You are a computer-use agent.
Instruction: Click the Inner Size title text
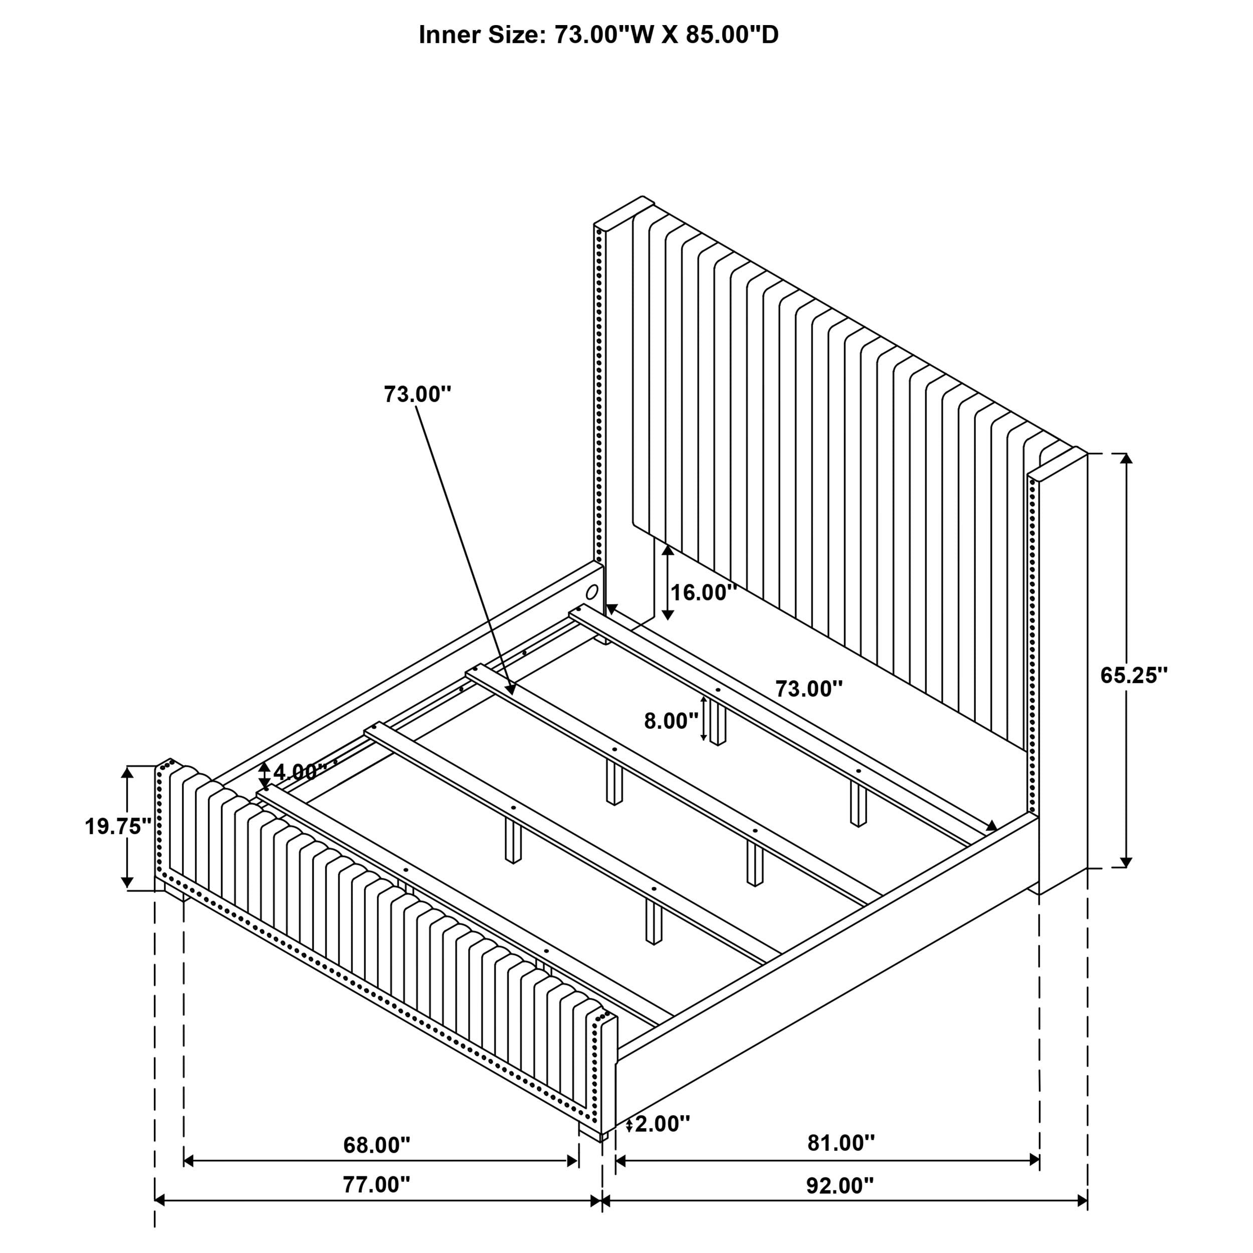pos(598,35)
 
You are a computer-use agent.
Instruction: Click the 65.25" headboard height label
pos(1134,675)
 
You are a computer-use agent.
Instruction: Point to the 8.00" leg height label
pos(671,721)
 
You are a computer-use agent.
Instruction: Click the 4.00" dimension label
pos(300,772)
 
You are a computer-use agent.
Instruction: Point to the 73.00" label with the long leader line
pos(417,393)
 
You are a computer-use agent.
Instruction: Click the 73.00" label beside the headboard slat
pos(809,689)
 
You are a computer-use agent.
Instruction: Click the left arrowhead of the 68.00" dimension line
pos(189,1161)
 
